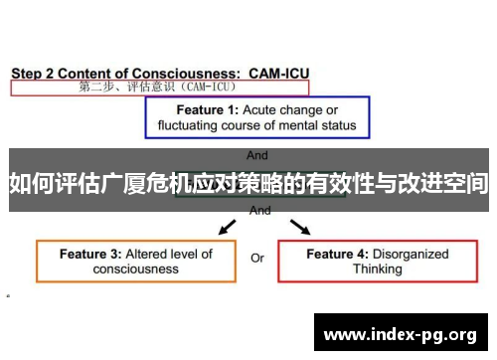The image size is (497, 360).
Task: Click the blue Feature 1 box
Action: coord(258,117)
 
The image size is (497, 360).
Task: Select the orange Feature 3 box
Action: coord(136,261)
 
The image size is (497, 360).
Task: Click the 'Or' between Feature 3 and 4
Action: coord(257,259)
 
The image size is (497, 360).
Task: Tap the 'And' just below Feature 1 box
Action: coord(257,156)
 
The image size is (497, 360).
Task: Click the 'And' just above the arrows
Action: coord(259,211)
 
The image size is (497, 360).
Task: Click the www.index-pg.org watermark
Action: coord(402,334)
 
